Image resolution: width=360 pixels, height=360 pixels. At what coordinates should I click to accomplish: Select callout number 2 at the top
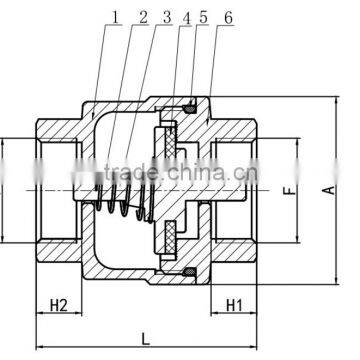[x=143, y=18]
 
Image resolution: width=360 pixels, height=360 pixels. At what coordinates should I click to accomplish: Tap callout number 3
[x=166, y=18]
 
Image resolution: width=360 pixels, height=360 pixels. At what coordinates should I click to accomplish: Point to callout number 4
[x=187, y=18]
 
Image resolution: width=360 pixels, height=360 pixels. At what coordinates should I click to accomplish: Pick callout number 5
[x=204, y=18]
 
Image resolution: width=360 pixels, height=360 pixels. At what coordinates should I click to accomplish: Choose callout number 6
[x=228, y=18]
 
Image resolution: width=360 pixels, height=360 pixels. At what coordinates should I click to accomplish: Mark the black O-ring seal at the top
[x=191, y=108]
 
